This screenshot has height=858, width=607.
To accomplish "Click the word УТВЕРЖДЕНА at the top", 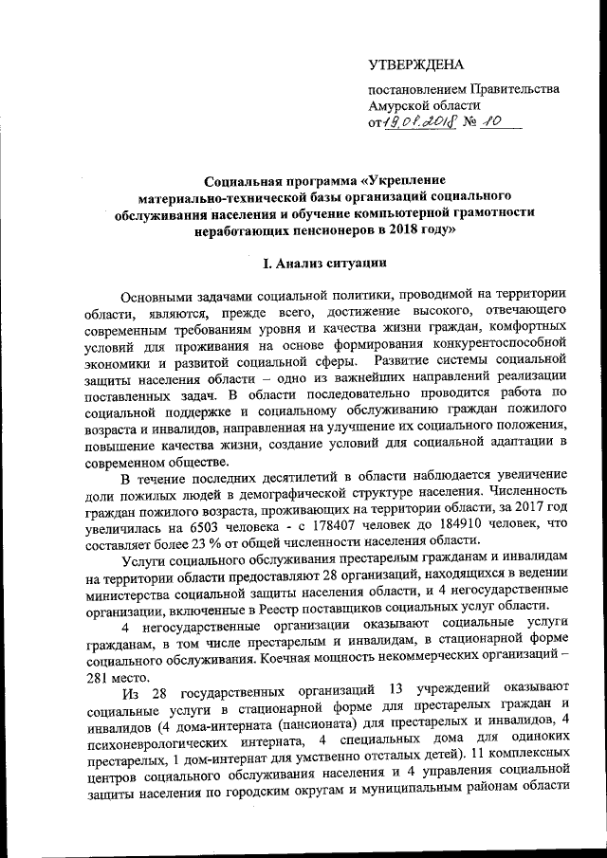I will pos(416,65).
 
